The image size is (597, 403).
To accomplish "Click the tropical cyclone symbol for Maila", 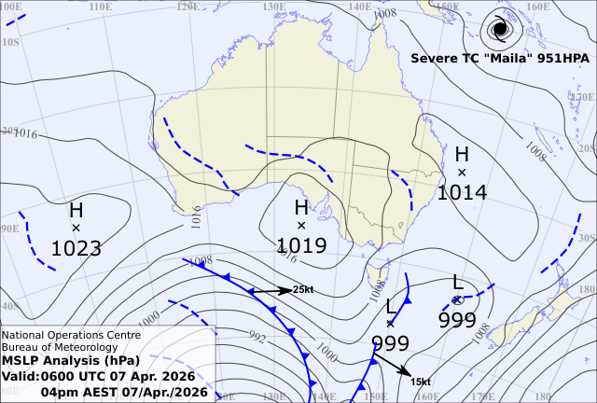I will (x=500, y=29).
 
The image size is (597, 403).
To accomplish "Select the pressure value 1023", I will (x=76, y=248).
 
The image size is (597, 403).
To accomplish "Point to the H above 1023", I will (x=76, y=210).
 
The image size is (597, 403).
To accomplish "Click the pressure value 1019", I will (x=301, y=245).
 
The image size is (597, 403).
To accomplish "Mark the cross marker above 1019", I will (x=301, y=226).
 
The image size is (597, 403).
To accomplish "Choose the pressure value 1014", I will (x=462, y=192).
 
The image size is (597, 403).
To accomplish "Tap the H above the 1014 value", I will (x=462, y=154).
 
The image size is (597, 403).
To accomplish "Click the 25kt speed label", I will (x=303, y=290).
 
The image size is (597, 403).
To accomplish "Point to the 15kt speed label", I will (x=420, y=382).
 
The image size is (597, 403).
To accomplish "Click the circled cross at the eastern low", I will (x=457, y=299).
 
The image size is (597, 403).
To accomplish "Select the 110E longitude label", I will (x=102, y=7).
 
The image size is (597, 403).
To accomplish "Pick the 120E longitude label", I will (x=188, y=7).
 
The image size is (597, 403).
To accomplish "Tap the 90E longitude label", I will (x=9, y=229).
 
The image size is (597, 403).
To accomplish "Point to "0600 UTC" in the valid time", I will (x=91, y=376).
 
